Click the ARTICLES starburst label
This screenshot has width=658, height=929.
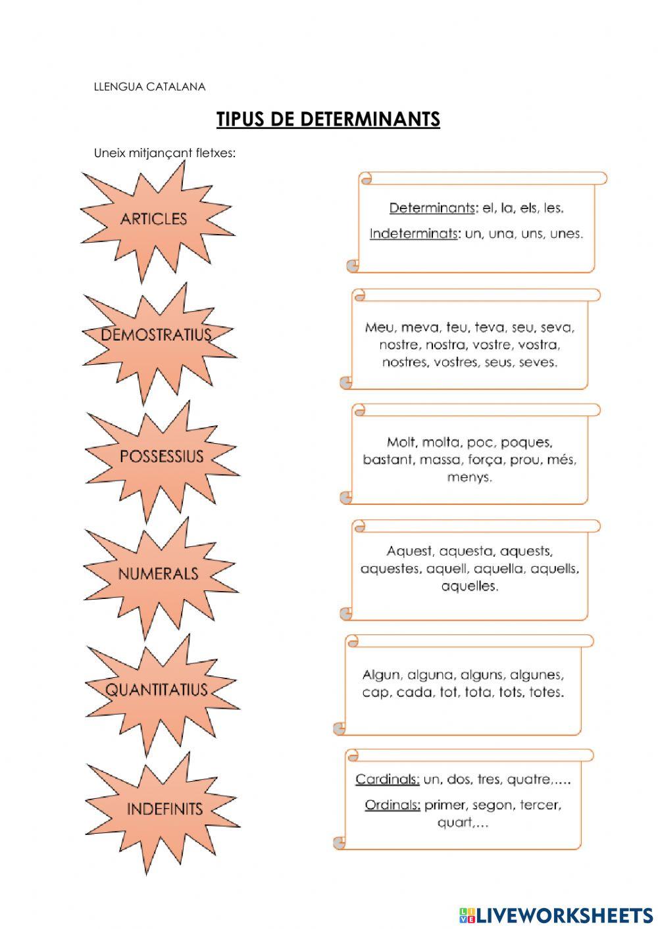pyautogui.click(x=153, y=219)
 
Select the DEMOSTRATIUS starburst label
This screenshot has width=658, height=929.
pyautogui.click(x=156, y=334)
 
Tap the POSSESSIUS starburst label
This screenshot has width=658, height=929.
pyautogui.click(x=161, y=456)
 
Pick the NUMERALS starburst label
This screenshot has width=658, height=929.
pyautogui.click(x=158, y=574)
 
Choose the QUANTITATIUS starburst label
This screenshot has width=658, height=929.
pyautogui.click(x=156, y=690)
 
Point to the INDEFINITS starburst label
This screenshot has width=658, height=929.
pyautogui.click(x=164, y=809)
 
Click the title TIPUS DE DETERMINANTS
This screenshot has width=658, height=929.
pyautogui.click(x=328, y=119)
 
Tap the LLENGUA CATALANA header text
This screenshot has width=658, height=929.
pyautogui.click(x=149, y=87)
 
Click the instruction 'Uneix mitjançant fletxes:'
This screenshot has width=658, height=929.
pyautogui.click(x=164, y=153)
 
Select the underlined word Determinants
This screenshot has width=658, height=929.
pyautogui.click(x=432, y=208)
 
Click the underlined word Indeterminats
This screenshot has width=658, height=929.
pyautogui.click(x=413, y=233)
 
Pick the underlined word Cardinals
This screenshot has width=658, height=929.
pyautogui.click(x=388, y=779)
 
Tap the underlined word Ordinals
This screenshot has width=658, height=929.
pyautogui.click(x=392, y=805)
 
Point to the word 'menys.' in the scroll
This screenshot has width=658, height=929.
pyautogui.click(x=470, y=477)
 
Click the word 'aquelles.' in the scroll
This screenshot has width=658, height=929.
pyautogui.click(x=470, y=586)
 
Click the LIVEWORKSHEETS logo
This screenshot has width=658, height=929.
pyautogui.click(x=556, y=915)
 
